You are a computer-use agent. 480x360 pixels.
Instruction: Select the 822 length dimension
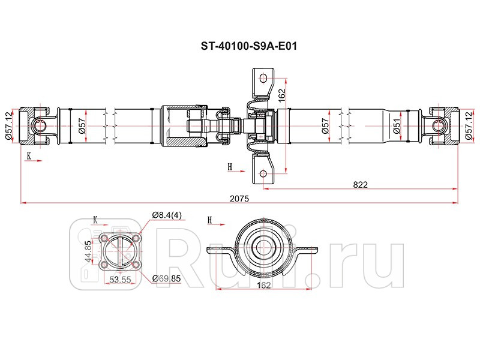pyautogui.click(x=359, y=184)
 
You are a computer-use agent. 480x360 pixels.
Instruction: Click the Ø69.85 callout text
pyautogui.click(x=165, y=278)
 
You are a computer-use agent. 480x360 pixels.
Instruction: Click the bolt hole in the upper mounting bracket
pyautogui.click(x=262, y=77)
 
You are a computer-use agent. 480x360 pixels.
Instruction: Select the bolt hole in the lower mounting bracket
pyautogui.click(x=262, y=175)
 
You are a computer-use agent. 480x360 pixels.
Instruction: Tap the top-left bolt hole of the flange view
pyautogui.click(x=106, y=238)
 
